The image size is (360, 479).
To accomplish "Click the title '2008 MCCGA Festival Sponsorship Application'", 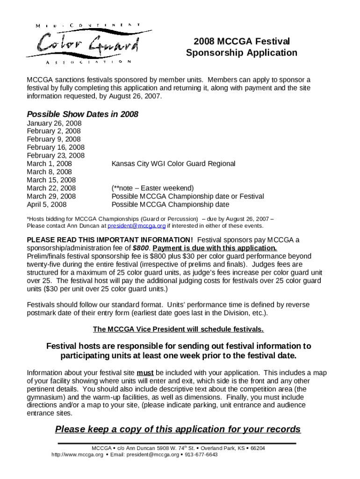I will [x=241, y=47].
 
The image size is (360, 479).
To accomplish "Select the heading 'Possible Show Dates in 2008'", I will [x=82, y=114].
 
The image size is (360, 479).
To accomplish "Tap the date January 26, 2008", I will [x=54, y=123].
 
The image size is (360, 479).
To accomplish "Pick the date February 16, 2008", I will [x=56, y=147].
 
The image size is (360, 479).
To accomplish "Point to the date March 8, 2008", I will [x=50, y=172].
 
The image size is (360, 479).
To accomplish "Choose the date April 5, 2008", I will [x=47, y=204].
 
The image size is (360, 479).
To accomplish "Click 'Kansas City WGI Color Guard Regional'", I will [x=173, y=164].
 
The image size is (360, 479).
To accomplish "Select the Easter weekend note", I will [x=152, y=188].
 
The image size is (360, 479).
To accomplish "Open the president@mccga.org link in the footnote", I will [x=137, y=225].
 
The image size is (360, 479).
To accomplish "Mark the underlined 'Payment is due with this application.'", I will [x=215, y=248].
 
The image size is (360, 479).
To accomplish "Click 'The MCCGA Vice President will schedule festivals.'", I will [x=178, y=329].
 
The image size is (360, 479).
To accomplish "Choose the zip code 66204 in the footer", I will [x=258, y=448].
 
